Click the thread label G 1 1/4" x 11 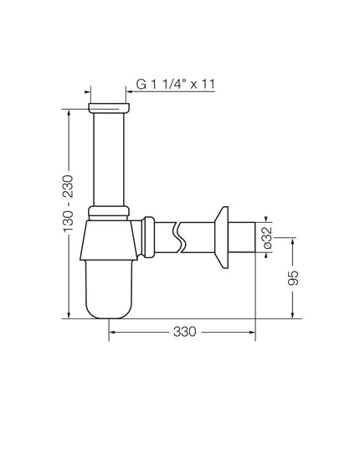(176, 84)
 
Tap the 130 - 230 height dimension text (68, 203)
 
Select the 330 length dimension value (185, 332)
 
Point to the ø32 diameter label (267, 237)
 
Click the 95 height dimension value (293, 277)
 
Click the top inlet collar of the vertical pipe (109, 107)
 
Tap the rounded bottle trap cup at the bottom (109, 289)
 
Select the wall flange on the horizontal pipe (222, 237)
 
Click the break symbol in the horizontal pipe (179, 237)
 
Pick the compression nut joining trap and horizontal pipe (148, 237)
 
